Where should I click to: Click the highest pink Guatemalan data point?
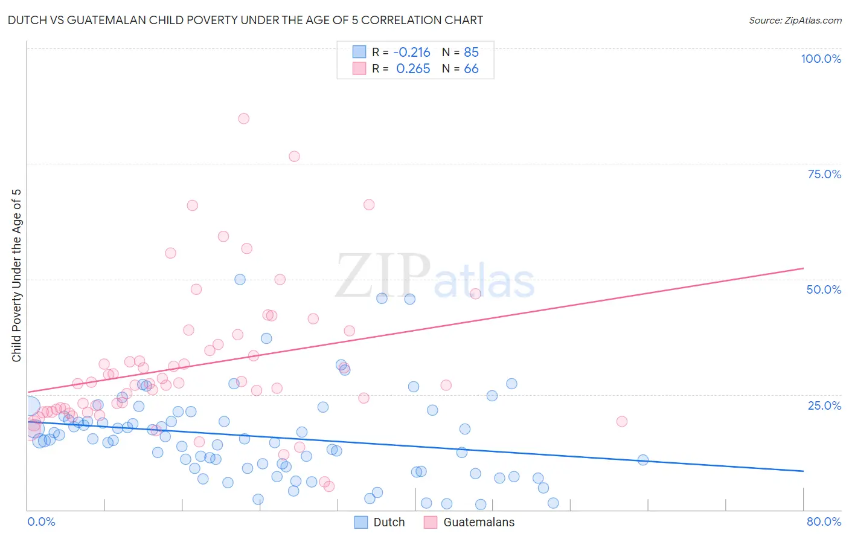click(243, 118)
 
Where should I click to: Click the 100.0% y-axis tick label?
click(821, 59)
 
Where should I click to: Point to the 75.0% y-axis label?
click(824, 174)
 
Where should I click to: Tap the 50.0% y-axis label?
click(824, 289)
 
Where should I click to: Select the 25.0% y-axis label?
click(824, 405)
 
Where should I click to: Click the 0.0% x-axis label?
click(41, 521)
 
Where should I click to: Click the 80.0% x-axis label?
click(824, 521)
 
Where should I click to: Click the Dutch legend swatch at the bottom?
click(361, 522)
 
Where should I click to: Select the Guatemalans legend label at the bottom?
click(479, 522)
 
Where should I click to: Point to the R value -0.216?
click(411, 52)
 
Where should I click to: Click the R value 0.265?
click(413, 69)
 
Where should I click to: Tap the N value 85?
click(471, 52)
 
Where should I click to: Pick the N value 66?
click(471, 69)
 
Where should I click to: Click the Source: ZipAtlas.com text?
click(795, 20)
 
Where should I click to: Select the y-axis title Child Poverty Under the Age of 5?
click(16, 276)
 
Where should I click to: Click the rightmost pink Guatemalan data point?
click(621, 421)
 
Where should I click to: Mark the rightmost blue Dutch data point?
click(642, 460)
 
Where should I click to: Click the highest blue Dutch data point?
click(240, 279)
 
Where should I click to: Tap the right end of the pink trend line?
click(803, 268)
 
